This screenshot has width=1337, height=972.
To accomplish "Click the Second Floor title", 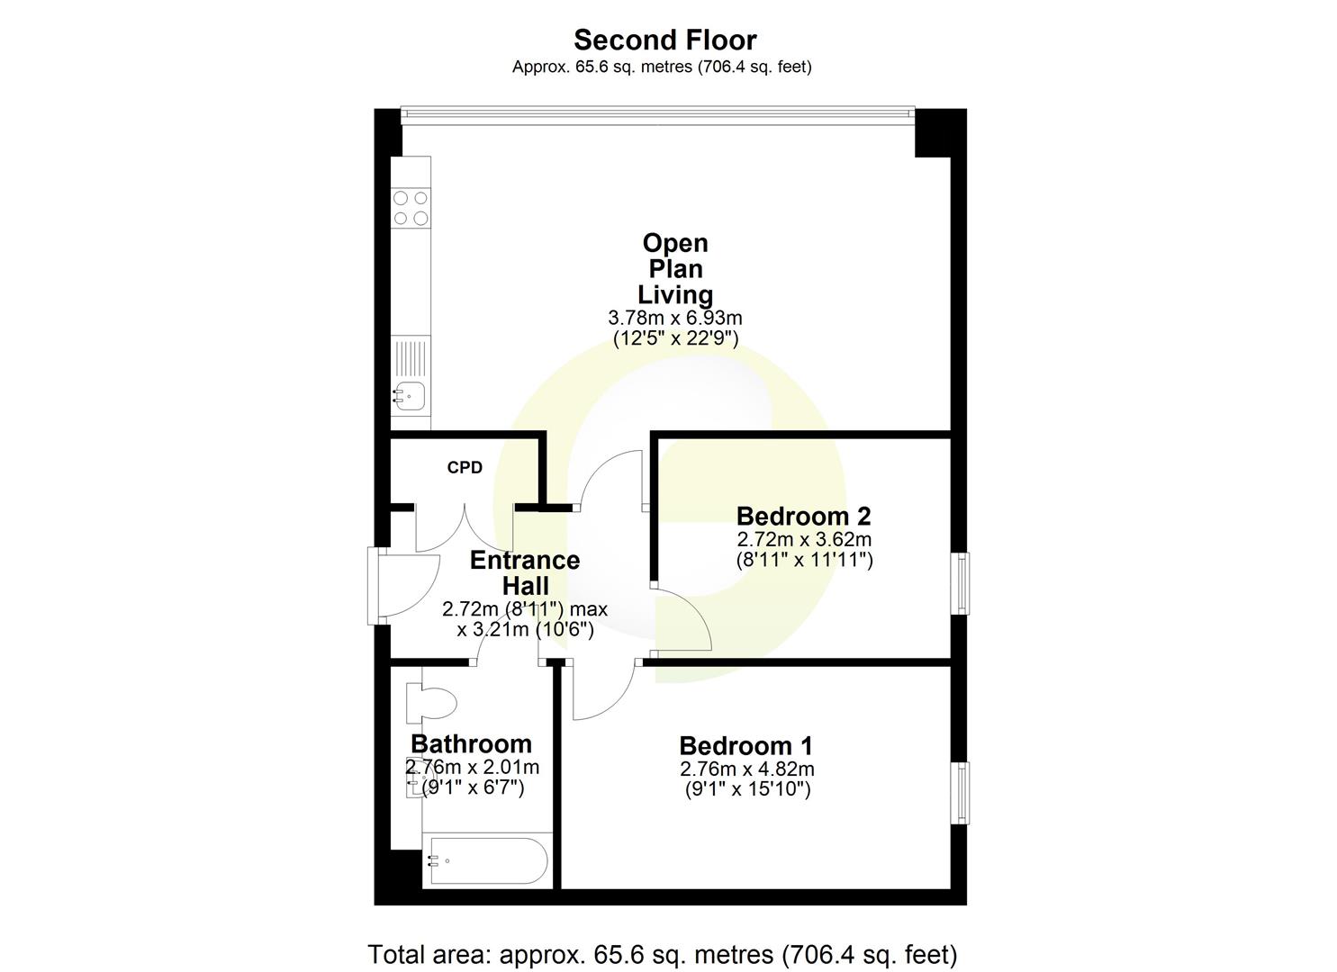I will coord(664,40).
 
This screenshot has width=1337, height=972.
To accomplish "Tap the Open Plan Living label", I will coord(675,268).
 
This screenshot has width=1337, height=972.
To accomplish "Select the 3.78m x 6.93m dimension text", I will coord(675,318).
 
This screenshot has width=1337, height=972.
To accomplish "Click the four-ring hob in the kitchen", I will coord(411,208).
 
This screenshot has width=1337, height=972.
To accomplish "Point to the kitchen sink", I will coord(410,392).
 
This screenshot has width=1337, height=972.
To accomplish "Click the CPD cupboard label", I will coord(465,468).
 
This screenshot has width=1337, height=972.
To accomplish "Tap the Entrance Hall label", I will coord(525,572).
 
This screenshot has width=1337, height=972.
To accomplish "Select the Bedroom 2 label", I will coord(803,517).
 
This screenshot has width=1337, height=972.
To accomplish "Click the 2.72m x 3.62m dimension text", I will coord(804,540).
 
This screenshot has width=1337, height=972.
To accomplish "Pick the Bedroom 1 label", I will coord(745,746).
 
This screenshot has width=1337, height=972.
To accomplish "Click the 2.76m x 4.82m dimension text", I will coord(747,769).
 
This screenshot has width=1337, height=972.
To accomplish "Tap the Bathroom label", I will coord(471,744).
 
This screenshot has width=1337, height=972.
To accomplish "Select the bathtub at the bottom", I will coord(486,861).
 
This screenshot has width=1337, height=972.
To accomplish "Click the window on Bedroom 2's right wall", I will coord(962,582).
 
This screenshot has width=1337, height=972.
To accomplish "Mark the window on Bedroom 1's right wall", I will coord(962,793).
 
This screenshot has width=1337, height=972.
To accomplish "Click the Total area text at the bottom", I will coord(662,954).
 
